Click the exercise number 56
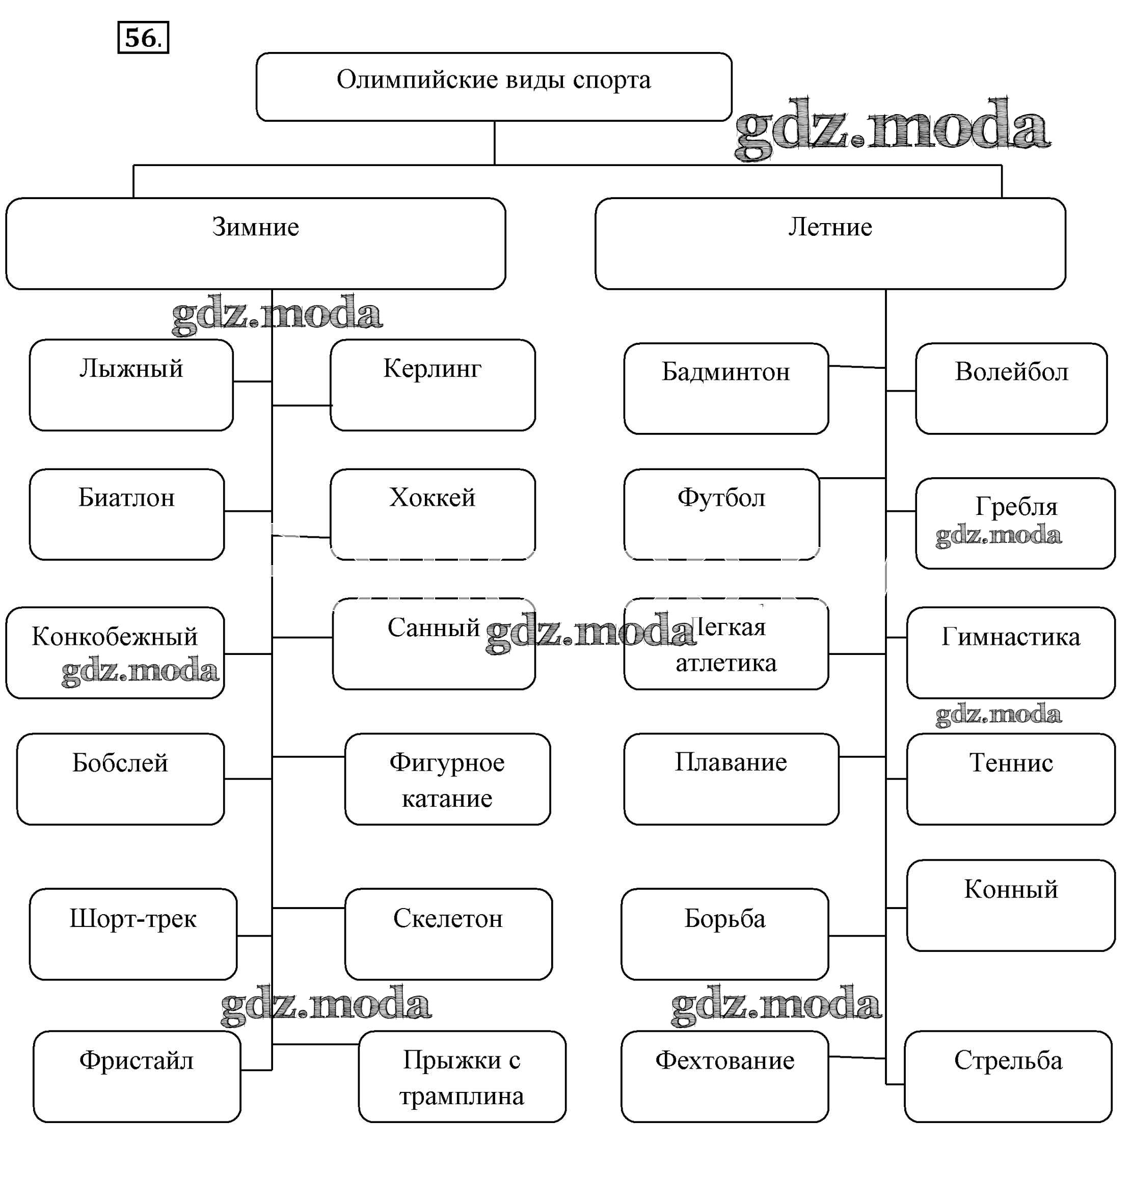coord(143,38)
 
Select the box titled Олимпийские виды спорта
coord(494,87)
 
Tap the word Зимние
coord(255,227)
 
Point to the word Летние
coord(830,227)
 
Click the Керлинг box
coord(433,385)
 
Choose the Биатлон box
coord(127,514)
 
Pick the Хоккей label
coord(433,498)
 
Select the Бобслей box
coord(120,779)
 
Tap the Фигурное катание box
coord(447,779)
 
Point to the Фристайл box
coord(137,1076)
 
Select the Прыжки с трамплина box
coord(462,1077)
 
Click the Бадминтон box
coord(726,389)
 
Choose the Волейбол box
coord(1011,389)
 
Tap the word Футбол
coord(721,498)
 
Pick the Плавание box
coord(731,779)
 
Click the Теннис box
coord(1011,779)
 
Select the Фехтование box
coord(725,1076)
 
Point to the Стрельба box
coord(1008,1076)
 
